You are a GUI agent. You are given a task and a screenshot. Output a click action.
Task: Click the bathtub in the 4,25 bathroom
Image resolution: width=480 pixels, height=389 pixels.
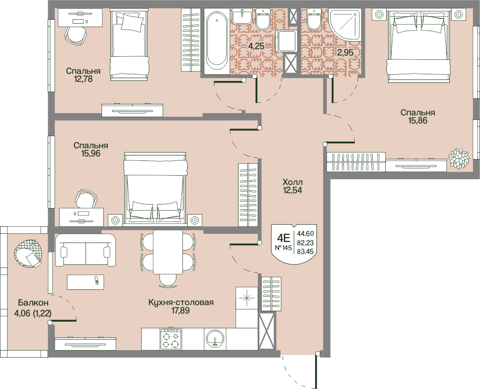click(217, 41)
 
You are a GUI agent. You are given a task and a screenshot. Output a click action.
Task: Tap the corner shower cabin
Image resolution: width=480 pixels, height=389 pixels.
click(345, 24)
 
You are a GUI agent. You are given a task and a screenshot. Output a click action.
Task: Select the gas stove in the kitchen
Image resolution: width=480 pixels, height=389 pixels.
click(171, 339)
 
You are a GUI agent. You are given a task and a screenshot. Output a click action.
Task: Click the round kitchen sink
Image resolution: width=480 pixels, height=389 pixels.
click(216, 339)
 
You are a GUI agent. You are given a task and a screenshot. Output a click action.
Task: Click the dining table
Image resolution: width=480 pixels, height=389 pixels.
click(168, 252)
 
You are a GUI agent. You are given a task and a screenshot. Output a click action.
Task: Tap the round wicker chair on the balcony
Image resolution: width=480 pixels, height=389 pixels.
click(28, 253)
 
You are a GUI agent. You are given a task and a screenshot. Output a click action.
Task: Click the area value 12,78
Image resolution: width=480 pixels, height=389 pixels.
click(83, 79)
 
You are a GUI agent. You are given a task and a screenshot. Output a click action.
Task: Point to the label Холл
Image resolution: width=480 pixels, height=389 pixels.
click(293, 182)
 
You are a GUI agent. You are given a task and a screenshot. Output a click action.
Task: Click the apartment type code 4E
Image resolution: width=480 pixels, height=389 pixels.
click(283, 237)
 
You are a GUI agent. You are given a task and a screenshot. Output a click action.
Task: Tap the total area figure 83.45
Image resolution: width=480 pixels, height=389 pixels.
click(305, 251)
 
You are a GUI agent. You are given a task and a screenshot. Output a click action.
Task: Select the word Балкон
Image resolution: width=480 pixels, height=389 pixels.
click(33, 303)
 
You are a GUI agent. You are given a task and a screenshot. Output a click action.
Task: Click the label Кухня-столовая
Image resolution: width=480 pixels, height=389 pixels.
click(181, 302)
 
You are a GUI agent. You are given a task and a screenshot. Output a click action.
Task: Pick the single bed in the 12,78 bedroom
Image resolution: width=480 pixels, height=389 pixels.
click(130, 45)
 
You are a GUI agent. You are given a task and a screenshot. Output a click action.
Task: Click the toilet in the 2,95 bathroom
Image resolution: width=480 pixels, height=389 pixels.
click(313, 19)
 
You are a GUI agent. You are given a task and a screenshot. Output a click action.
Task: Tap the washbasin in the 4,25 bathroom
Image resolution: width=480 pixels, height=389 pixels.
click(242, 16)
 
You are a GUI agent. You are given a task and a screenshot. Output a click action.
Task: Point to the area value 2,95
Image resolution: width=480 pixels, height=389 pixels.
click(345, 52)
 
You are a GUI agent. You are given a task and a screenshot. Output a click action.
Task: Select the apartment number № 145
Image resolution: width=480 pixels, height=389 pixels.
click(283, 248)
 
